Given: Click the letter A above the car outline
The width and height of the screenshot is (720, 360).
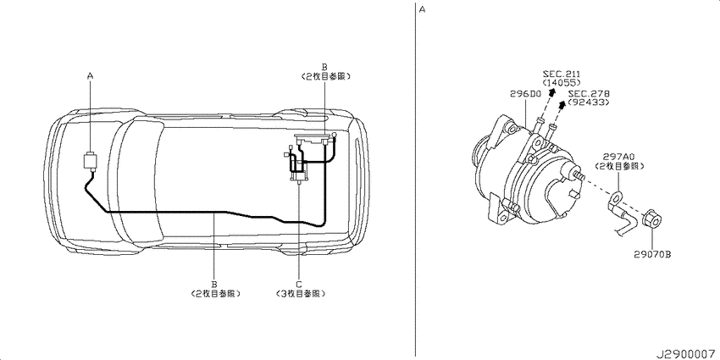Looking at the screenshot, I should pos(90,75).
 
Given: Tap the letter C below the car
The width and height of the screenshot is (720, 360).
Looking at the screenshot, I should pos(298,284).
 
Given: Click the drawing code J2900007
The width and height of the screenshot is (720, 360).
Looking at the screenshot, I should pos(684,352).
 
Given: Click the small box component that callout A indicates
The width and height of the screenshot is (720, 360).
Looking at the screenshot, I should pos(90,161).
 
